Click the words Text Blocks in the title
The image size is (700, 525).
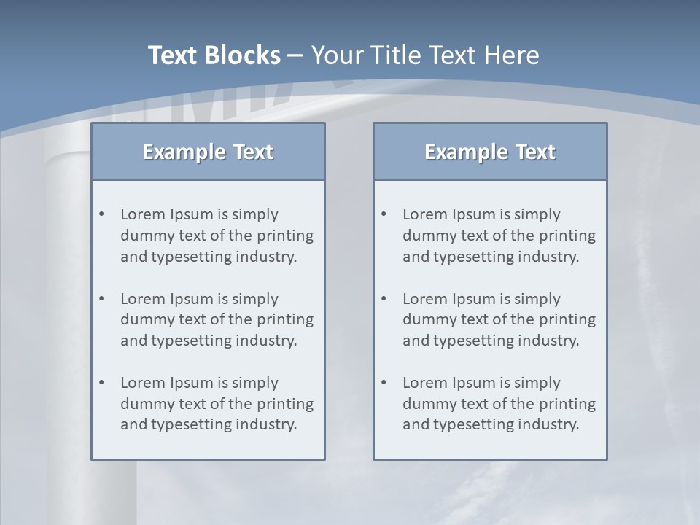pos(214,55)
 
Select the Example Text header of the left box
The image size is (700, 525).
pos(208,152)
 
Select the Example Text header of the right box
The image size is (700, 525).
pos(490,152)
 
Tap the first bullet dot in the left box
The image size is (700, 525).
pos(102,214)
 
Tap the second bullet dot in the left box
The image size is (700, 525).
pos(102,299)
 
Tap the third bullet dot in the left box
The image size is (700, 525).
pos(102,383)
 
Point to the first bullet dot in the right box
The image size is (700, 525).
pos(384,214)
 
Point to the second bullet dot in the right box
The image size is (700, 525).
pos(384,299)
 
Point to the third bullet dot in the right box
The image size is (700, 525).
pos(384,383)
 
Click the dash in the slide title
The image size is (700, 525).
pos(295,56)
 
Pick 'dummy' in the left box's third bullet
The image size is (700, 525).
pos(144,404)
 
